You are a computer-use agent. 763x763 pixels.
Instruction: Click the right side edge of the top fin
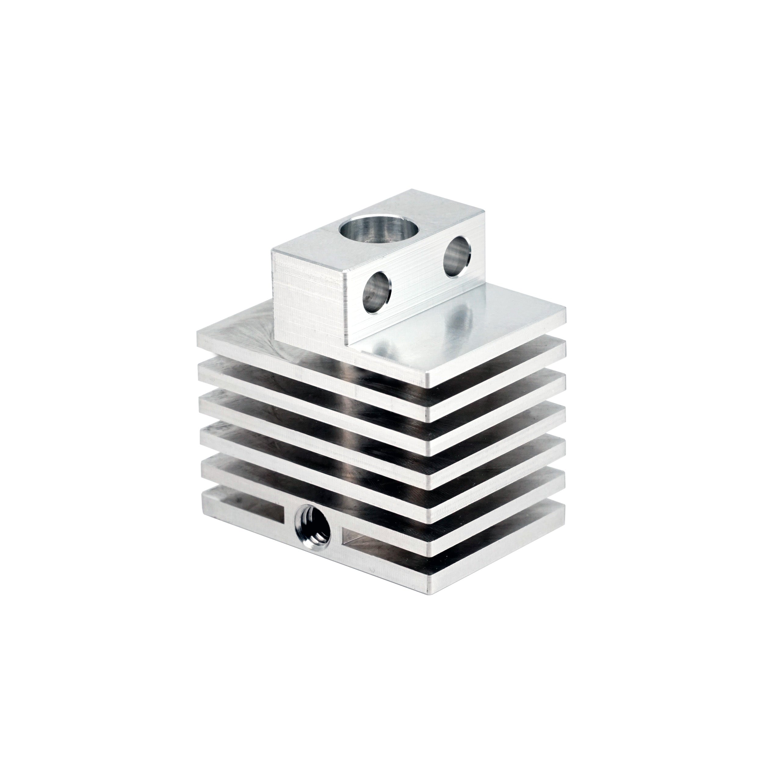pyautogui.click(x=497, y=348)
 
